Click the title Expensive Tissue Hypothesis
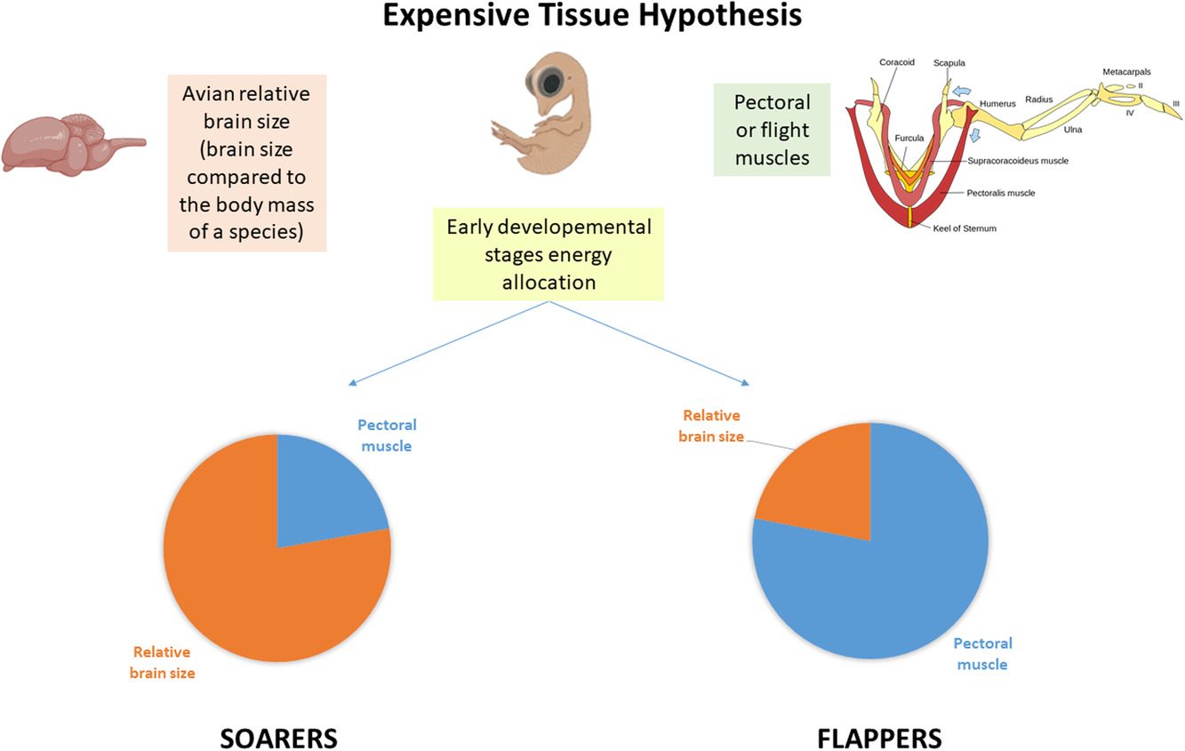(x=592, y=15)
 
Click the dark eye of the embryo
(x=552, y=83)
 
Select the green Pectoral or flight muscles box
(x=772, y=130)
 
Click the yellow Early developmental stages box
(x=548, y=254)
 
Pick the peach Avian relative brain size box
(x=247, y=163)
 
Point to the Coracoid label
(x=897, y=62)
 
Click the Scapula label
(x=949, y=63)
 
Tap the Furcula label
(x=909, y=138)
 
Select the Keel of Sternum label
(x=965, y=228)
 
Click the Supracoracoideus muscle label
(x=1018, y=161)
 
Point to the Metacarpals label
(x=1126, y=72)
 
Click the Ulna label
(x=1073, y=130)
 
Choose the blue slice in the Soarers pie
(x=323, y=497)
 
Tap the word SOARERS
(x=278, y=739)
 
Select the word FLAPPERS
(x=879, y=739)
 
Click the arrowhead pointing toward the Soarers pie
(x=352, y=383)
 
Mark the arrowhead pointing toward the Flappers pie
(x=746, y=383)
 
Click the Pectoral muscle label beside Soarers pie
(x=387, y=435)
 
